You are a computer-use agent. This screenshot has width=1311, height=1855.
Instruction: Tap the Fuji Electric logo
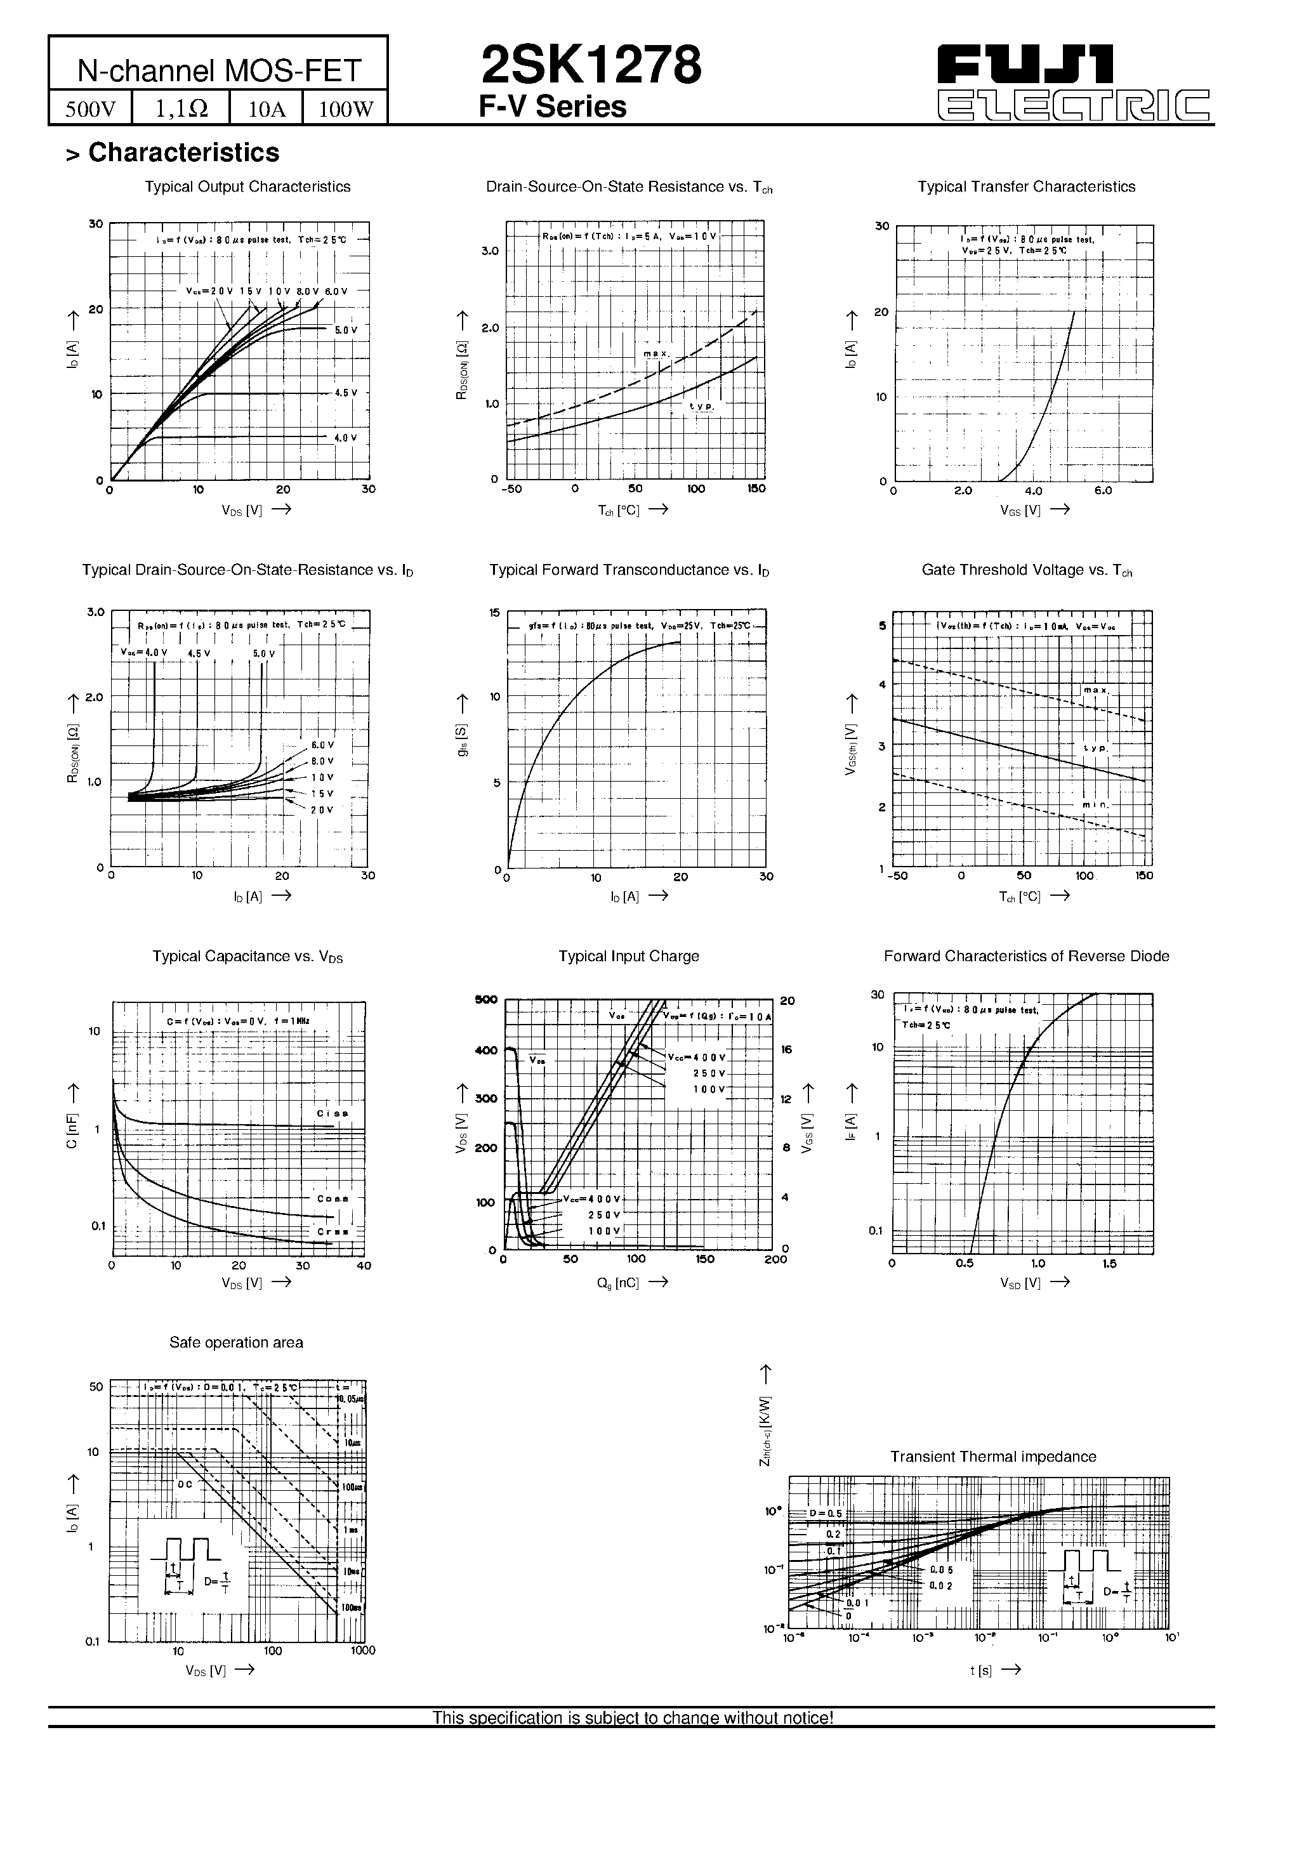(x=1074, y=83)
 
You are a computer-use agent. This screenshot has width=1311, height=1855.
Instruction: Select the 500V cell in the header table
(x=91, y=108)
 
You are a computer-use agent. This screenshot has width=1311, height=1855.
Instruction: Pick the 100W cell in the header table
(x=345, y=108)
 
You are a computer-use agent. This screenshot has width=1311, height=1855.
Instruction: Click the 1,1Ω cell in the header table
(x=181, y=108)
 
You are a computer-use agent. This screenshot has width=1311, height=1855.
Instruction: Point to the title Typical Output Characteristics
(x=247, y=187)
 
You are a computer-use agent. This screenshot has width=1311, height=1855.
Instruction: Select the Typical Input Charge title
(x=628, y=956)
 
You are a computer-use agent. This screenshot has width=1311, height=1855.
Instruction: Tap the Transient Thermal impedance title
(x=992, y=1456)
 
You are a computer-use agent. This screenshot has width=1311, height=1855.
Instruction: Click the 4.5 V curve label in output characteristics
(x=346, y=393)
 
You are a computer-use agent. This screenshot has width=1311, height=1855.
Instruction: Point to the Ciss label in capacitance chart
(x=333, y=1113)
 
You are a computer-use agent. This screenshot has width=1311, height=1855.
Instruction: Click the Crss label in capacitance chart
(x=333, y=1231)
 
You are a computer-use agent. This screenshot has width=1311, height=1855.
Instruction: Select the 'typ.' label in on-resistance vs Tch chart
(x=701, y=405)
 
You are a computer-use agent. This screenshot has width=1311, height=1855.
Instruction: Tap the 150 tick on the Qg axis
(x=705, y=1259)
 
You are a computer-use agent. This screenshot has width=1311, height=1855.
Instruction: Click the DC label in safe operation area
(x=186, y=1484)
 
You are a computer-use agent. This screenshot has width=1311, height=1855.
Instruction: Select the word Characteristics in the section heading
(x=183, y=153)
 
